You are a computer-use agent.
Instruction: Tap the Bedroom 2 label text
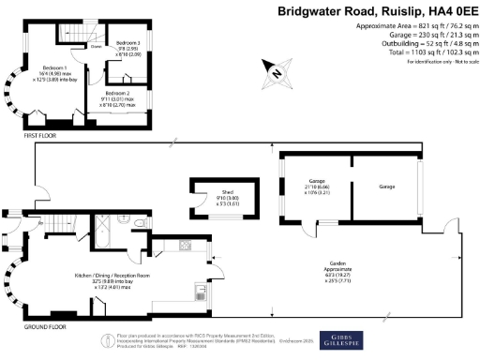click(119, 94)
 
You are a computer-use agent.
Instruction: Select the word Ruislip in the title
click(381, 11)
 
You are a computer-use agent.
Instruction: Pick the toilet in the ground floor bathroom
click(139, 220)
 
